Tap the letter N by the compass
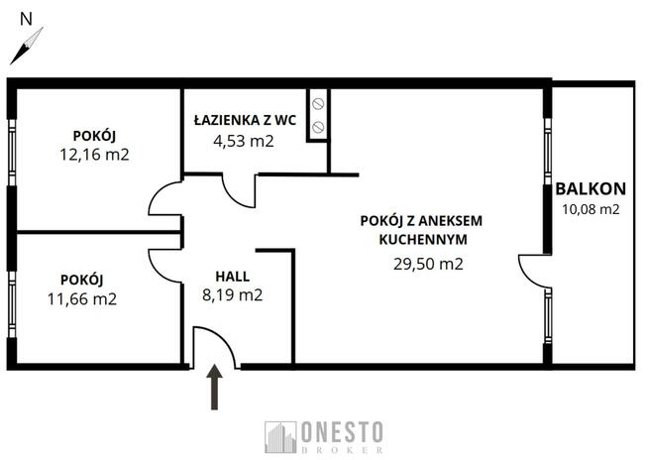[x=26, y=18]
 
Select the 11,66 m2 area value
[x=81, y=297]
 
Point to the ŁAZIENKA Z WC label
[x=245, y=120]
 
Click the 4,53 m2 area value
[x=244, y=140]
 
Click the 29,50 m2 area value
[x=427, y=263]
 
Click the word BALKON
[x=591, y=188]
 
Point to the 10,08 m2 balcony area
[x=591, y=208]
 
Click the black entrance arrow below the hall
[x=214, y=388]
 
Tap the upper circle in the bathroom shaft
[x=318, y=104]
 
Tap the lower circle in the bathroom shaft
[x=318, y=126]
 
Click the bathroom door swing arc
[x=238, y=190]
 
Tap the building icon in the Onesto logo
[x=280, y=437]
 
